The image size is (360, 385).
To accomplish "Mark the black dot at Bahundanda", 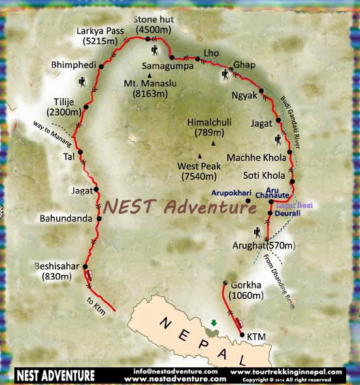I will [99, 219].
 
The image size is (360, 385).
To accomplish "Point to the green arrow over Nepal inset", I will [212, 322].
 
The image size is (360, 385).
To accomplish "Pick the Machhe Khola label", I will [256, 158].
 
